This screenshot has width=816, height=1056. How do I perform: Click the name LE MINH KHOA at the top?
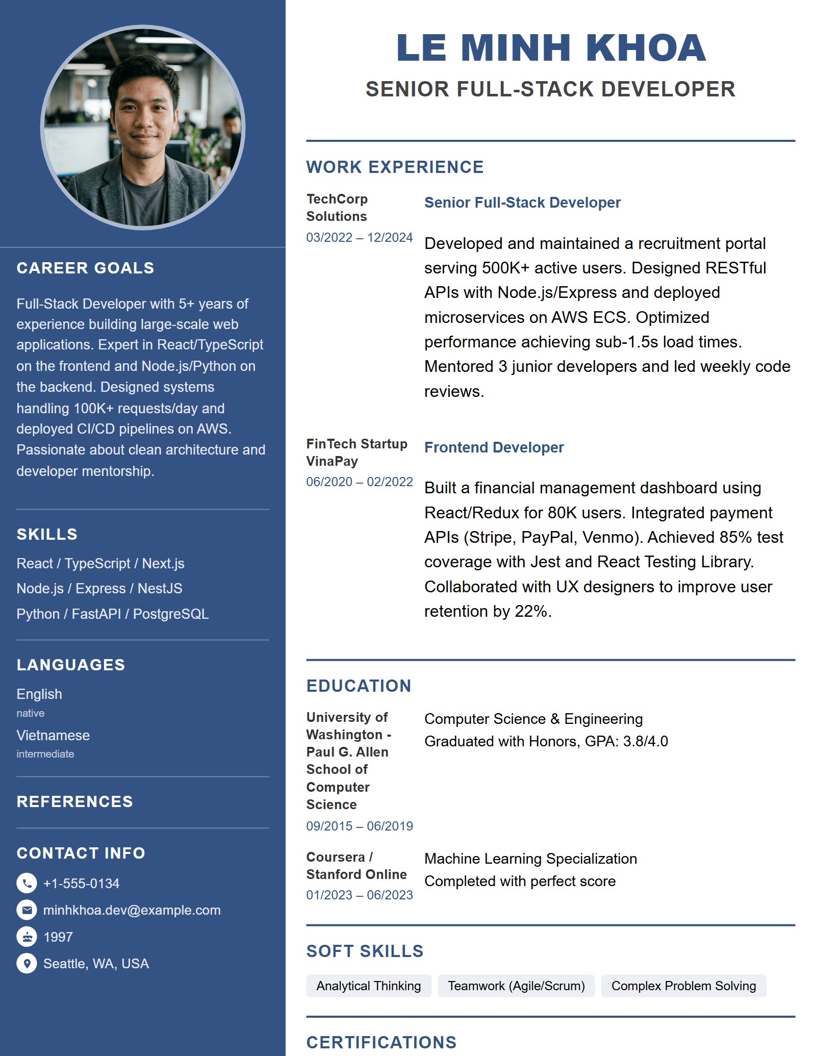(x=551, y=48)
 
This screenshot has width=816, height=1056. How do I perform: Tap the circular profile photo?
(x=143, y=128)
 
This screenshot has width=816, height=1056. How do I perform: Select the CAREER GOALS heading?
(x=85, y=268)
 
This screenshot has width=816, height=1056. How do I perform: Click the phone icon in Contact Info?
(x=27, y=883)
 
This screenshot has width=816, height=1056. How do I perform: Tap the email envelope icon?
(x=27, y=910)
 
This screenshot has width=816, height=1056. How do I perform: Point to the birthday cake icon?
(x=27, y=937)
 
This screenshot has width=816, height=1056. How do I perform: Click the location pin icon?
(x=27, y=963)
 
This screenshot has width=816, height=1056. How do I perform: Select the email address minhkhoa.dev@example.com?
(x=132, y=910)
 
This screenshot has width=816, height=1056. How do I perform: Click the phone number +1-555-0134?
(x=81, y=884)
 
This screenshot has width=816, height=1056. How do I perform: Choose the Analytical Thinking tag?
(x=368, y=986)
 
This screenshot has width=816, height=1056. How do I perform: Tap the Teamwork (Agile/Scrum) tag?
(x=516, y=986)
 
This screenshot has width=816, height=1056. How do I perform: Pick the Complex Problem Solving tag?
(x=683, y=986)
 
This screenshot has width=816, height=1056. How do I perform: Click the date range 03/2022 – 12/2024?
(x=359, y=237)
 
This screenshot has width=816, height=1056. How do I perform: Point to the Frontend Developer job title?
(x=494, y=447)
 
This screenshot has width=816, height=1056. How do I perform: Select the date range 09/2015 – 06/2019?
(x=359, y=826)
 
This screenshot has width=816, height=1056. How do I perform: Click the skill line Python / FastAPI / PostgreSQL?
(x=112, y=614)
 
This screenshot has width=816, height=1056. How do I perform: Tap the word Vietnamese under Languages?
(x=53, y=735)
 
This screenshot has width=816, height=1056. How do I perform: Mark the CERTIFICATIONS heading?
(x=381, y=1042)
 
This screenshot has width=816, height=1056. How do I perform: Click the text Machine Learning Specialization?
(x=530, y=859)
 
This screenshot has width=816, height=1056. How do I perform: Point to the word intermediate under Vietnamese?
(x=45, y=754)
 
